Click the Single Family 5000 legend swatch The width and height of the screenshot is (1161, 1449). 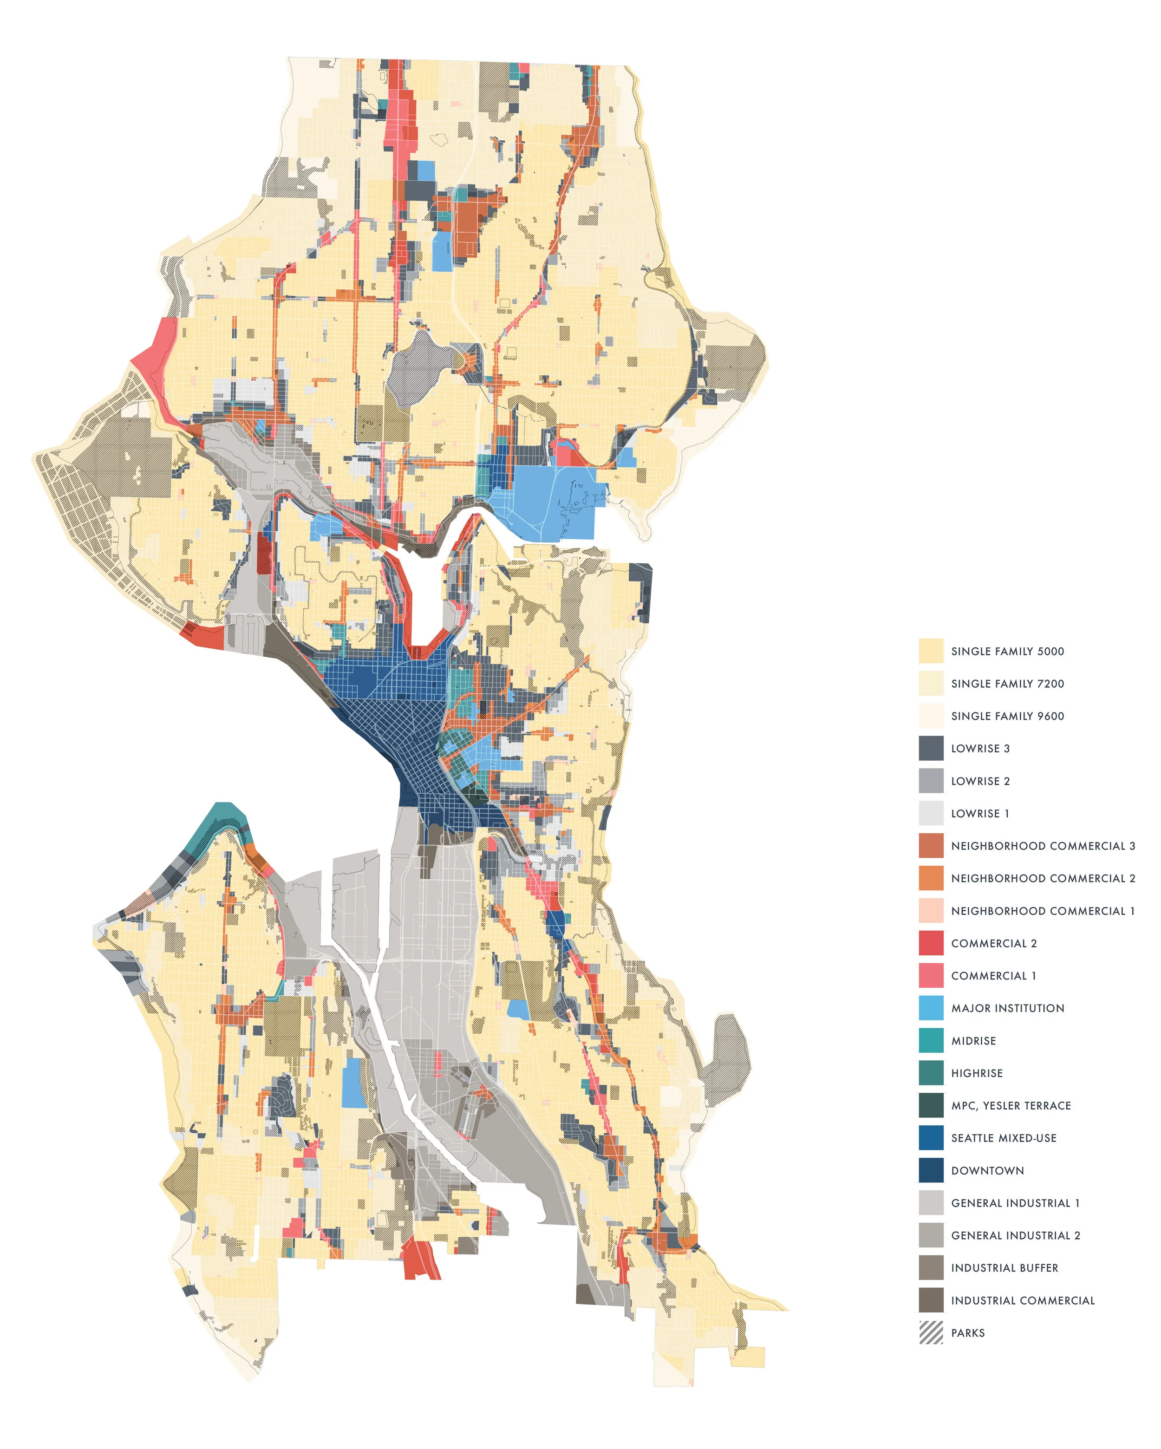click(x=931, y=651)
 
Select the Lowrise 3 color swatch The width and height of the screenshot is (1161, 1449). click(x=931, y=748)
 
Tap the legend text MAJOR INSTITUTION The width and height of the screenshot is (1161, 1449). click(x=1007, y=1008)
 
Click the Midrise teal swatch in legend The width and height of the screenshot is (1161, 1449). click(x=931, y=1040)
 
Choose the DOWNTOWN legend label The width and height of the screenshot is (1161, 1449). click(x=987, y=1170)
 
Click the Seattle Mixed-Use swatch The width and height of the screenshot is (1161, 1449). click(x=931, y=1138)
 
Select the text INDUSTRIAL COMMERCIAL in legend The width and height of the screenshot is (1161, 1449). click(x=1023, y=1300)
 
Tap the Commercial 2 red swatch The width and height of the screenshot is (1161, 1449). click(x=931, y=943)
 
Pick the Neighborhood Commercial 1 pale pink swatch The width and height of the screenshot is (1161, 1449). click(x=931, y=911)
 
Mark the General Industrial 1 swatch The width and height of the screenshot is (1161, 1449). click(x=931, y=1203)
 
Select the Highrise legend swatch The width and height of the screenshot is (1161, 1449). click(x=931, y=1073)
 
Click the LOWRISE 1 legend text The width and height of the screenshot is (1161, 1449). click(x=979, y=813)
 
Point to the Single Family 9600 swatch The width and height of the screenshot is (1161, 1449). click(x=931, y=716)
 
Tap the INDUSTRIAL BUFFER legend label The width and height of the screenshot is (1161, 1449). click(x=1004, y=1267)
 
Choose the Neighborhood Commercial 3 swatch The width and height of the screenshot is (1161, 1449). click(x=931, y=845)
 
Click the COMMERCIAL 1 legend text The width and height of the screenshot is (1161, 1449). click(x=993, y=976)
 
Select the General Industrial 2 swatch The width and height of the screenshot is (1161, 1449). click(x=931, y=1235)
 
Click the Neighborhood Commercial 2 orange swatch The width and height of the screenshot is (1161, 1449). click(x=931, y=878)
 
